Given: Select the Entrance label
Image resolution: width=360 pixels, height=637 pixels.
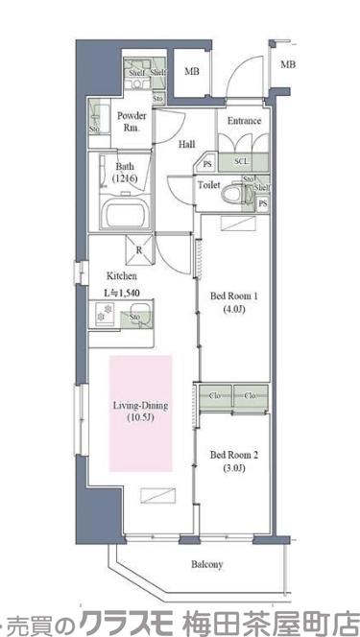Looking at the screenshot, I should (x=243, y=122).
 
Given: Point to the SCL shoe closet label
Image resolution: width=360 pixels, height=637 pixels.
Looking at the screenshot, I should (x=240, y=162).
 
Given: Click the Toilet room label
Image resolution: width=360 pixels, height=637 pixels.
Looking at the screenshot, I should (x=209, y=184).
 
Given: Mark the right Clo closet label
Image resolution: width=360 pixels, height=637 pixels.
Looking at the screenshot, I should (x=250, y=395).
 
